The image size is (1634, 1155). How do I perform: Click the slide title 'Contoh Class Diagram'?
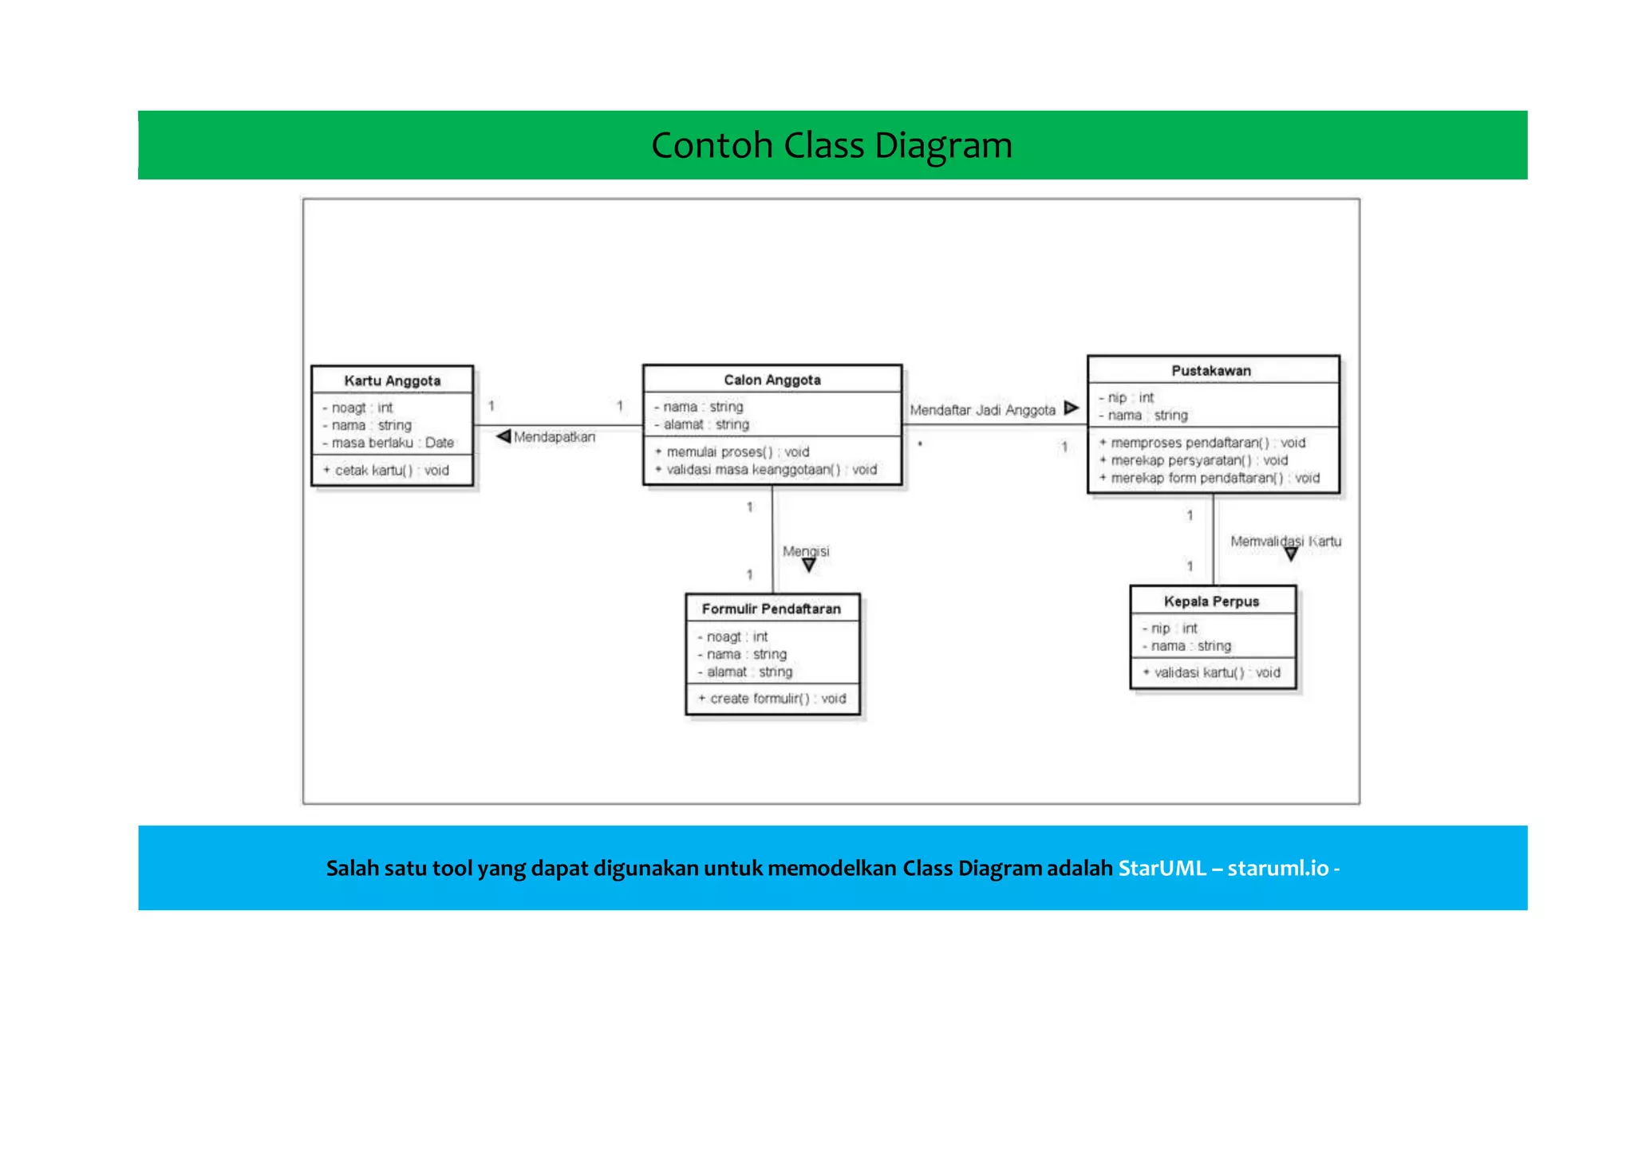(831, 145)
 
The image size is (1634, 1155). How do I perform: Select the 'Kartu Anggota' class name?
(392, 380)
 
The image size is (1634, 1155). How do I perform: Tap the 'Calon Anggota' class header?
(772, 380)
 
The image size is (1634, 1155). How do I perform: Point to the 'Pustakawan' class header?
(1210, 370)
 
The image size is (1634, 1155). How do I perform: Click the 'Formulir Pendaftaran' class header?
(771, 609)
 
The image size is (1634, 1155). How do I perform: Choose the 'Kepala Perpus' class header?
(1210, 601)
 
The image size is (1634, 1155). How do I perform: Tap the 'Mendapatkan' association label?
(554, 437)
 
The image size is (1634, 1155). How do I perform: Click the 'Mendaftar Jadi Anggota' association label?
(982, 410)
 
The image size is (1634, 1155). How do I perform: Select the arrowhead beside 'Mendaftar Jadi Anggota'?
(1071, 408)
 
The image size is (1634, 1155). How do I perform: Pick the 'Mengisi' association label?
(806, 551)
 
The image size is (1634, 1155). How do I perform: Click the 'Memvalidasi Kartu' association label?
(1285, 542)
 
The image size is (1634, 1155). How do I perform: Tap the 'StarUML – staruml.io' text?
(1222, 868)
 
